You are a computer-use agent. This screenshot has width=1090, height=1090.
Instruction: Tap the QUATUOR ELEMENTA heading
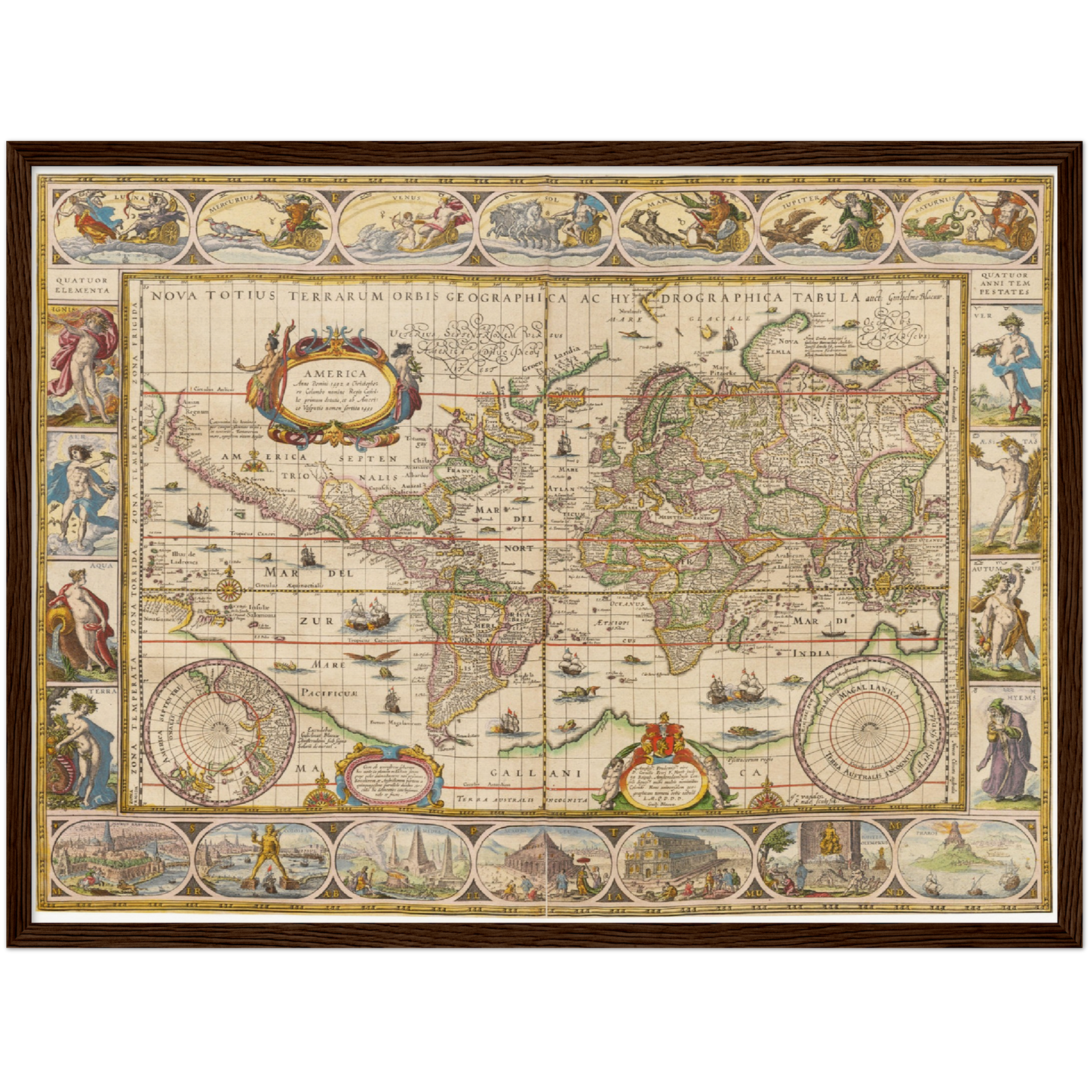tap(82, 284)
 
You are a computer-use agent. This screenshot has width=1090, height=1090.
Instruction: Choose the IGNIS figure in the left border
tap(82, 365)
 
